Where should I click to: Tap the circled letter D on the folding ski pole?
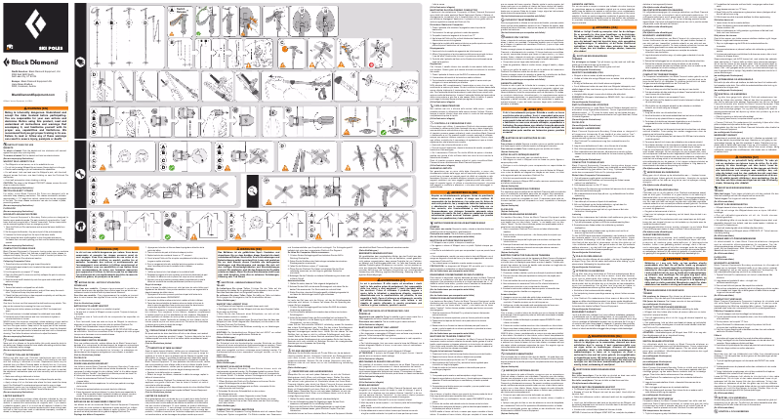tap(94, 75)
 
